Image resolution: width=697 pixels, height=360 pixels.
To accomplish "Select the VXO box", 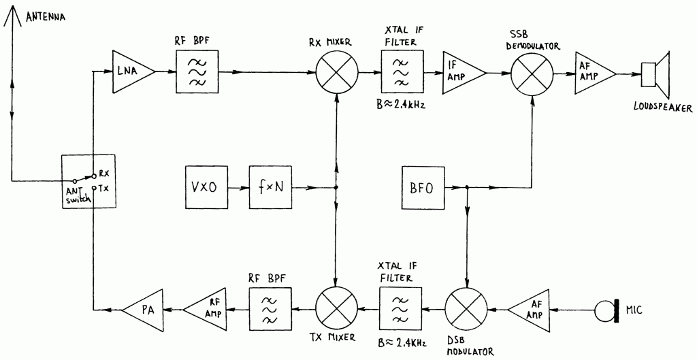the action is coord(207,187).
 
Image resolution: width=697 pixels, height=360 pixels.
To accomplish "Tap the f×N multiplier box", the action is coord(271,187).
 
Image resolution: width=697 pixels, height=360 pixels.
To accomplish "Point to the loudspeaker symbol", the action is coord(655,74).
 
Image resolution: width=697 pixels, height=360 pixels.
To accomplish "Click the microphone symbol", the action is coord(607,310).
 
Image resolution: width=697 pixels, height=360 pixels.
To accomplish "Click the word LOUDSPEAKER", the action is coord(663,108).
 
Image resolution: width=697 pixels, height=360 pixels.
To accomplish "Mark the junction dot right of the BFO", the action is coord(466,187).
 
